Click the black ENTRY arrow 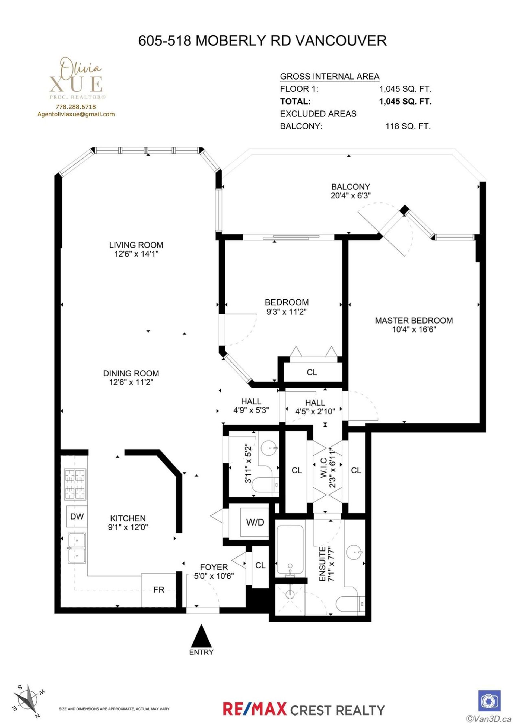(x=201, y=636)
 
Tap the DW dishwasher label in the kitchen (x=77, y=516)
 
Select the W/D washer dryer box (x=255, y=522)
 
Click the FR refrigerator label (x=159, y=589)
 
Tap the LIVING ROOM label (x=136, y=245)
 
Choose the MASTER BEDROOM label (x=414, y=321)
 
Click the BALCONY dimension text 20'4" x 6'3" (x=351, y=195)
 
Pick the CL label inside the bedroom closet (x=312, y=372)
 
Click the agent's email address (x=76, y=114)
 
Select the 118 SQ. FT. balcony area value (x=408, y=126)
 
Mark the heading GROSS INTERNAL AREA (x=330, y=76)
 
